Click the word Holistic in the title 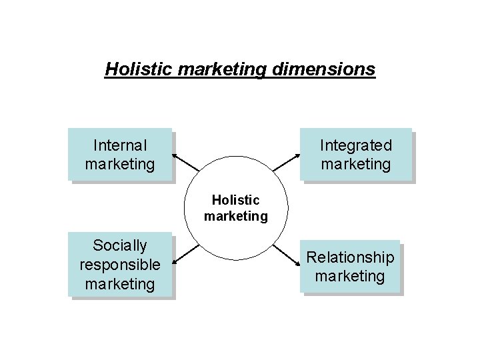(x=135, y=69)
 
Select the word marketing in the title (x=219, y=69)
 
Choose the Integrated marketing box (x=355, y=154)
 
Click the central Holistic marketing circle (x=235, y=207)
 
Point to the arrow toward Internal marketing (x=186, y=163)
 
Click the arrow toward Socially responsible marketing (x=186, y=253)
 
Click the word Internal (x=120, y=145)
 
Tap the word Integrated (x=355, y=145)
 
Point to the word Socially (x=120, y=245)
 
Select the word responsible (x=120, y=265)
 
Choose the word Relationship (x=350, y=257)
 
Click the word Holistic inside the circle (x=235, y=199)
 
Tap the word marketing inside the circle (x=235, y=216)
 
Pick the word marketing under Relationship (x=350, y=276)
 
